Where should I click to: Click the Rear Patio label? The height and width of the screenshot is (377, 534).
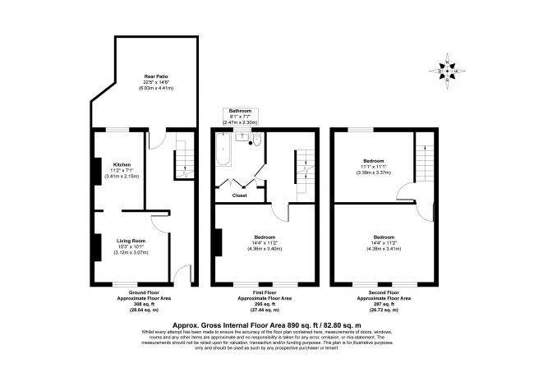coord(144,76)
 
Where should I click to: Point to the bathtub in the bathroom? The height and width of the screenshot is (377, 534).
coord(222,152)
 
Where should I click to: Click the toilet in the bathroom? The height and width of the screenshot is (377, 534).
coord(257,140)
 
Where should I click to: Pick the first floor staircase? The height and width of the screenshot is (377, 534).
coord(305,159)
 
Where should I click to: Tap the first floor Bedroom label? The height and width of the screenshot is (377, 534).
coord(265,237)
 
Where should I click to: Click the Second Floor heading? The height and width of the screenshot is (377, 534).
coord(383,293)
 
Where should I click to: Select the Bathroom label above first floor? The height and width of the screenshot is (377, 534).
coord(240,109)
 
